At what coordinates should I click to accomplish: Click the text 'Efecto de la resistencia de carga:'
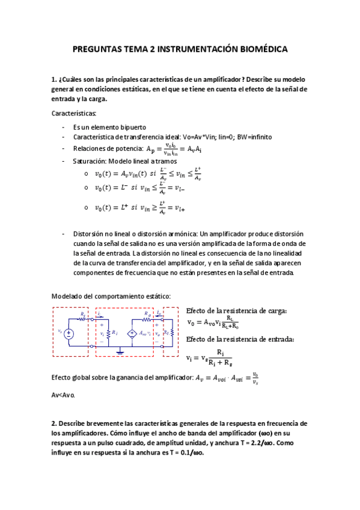pos(237,310)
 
